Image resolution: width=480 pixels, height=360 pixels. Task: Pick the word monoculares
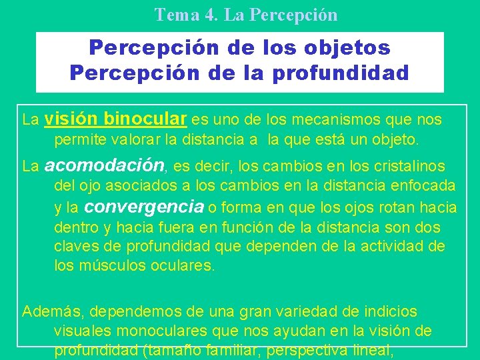(x=153, y=330)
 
